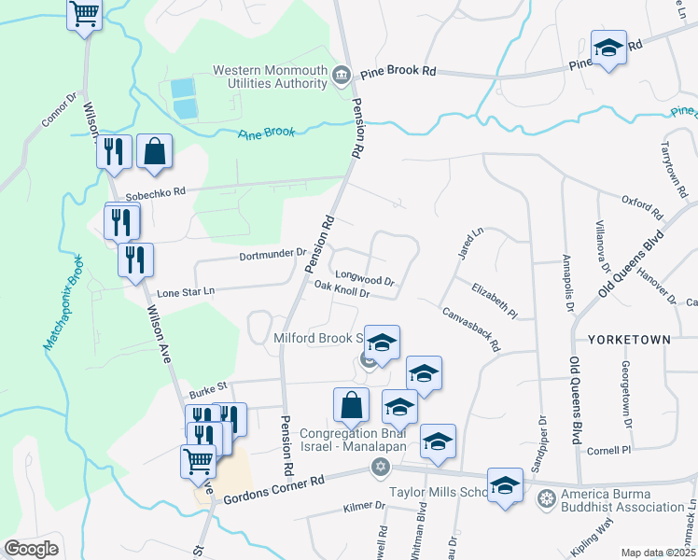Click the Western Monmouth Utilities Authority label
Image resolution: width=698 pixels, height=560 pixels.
click(x=272, y=77)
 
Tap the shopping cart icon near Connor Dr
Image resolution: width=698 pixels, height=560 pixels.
click(x=85, y=14)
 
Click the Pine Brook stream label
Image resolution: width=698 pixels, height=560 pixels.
click(x=266, y=133)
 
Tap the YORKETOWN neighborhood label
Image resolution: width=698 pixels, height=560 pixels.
click(x=629, y=340)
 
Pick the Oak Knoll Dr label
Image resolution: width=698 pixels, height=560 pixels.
click(x=342, y=289)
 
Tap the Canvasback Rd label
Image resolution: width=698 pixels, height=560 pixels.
click(x=471, y=329)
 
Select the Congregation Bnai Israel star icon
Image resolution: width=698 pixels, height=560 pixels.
click(x=379, y=466)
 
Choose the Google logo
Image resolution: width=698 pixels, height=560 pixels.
click(x=31, y=548)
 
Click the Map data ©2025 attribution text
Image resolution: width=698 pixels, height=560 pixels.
click(x=658, y=553)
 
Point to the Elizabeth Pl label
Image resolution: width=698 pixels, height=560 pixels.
click(x=494, y=299)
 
